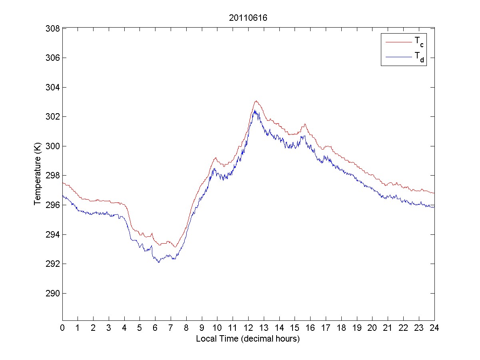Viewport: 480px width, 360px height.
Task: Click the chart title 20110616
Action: click(x=248, y=18)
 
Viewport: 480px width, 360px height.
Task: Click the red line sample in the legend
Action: click(x=398, y=42)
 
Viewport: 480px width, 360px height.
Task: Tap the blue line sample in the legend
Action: click(x=398, y=58)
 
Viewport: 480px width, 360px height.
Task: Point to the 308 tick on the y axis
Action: click(x=54, y=28)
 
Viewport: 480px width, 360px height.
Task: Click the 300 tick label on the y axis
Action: click(x=54, y=146)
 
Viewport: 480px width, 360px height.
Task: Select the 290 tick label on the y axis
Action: click(x=54, y=293)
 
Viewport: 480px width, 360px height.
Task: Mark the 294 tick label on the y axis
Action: click(x=54, y=234)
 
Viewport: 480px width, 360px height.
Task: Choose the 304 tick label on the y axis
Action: click(x=54, y=87)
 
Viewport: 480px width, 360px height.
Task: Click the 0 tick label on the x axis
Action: click(x=62, y=328)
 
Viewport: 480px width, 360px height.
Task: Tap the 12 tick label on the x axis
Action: click(x=248, y=328)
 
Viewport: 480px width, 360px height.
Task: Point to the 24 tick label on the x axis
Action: click(x=434, y=328)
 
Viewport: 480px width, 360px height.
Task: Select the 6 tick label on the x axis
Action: click(x=155, y=328)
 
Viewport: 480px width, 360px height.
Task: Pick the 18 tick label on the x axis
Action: click(x=341, y=328)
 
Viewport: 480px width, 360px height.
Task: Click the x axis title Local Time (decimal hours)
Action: click(x=248, y=339)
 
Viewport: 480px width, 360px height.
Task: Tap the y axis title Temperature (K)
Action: click(x=38, y=175)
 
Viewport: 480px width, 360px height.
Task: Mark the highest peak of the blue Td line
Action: click(x=255, y=110)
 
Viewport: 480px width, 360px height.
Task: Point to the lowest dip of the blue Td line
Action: click(x=159, y=262)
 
